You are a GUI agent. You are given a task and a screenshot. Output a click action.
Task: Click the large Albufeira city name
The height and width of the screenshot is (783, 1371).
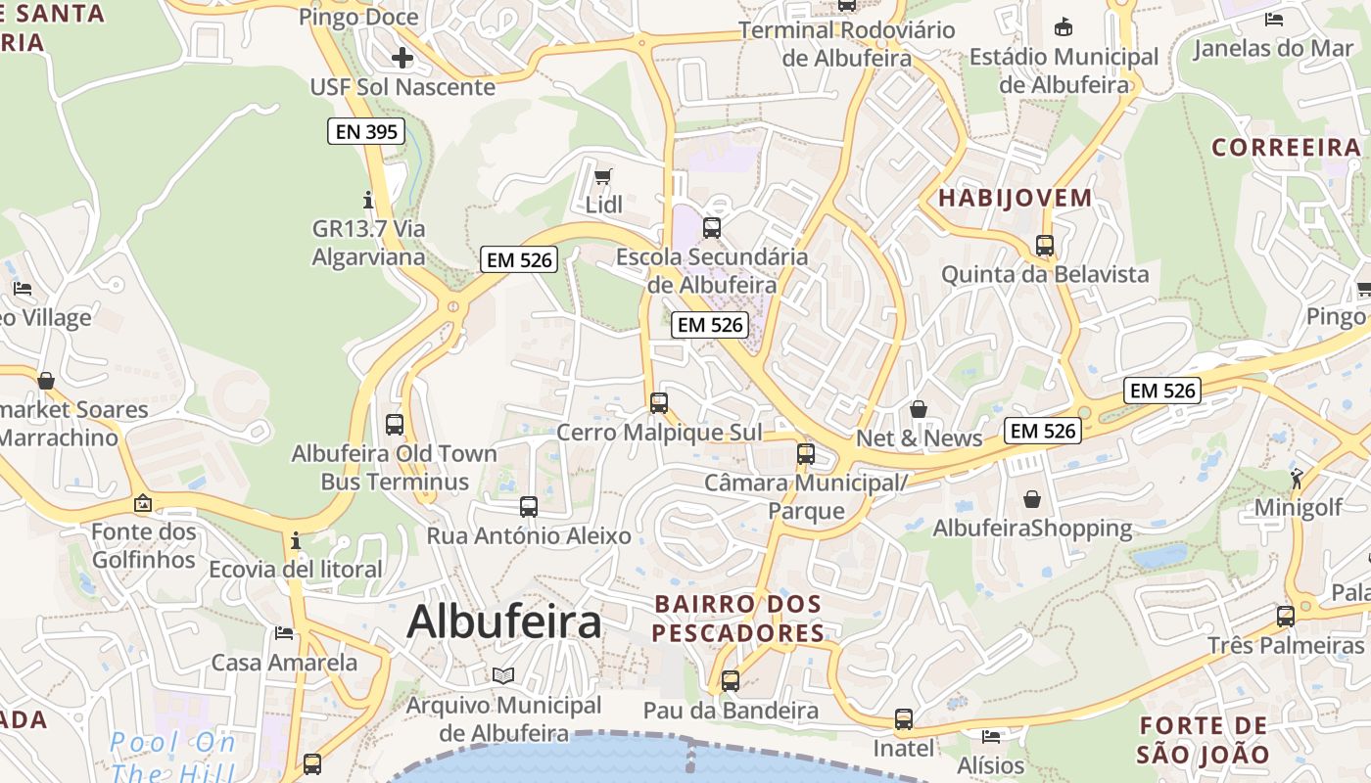503,621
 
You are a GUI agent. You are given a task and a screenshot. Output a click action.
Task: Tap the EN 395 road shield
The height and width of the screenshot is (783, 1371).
366,131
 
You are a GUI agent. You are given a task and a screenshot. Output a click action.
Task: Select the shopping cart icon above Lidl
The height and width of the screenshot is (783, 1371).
603,177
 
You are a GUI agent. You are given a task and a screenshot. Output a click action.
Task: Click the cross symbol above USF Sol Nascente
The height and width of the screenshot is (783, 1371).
402,58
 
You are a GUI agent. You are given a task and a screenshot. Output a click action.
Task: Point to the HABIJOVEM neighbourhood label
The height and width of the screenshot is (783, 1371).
1016,198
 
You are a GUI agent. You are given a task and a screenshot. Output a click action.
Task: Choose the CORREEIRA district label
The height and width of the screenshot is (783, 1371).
1287,148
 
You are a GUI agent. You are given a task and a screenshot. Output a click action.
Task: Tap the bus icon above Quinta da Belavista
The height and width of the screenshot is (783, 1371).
1045,246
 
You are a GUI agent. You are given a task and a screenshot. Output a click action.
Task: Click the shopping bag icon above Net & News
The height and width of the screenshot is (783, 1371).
919,408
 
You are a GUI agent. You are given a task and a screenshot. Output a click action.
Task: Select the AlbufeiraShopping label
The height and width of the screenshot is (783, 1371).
1032,529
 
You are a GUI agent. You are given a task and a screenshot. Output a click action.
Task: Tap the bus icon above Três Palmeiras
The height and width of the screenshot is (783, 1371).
1286,617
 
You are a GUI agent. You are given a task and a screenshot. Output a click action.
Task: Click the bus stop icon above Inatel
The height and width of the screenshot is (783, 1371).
904,719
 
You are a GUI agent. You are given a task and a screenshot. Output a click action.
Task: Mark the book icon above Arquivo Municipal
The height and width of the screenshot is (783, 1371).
503,675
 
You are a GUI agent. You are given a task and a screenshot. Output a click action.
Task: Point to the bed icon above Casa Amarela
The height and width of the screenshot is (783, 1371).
284,633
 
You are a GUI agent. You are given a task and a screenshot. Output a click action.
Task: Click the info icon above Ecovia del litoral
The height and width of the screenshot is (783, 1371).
295,540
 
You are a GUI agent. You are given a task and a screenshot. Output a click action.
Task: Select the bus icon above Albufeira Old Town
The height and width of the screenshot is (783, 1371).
395,425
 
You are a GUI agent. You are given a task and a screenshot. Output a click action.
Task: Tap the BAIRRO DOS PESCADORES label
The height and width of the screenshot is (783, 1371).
738,619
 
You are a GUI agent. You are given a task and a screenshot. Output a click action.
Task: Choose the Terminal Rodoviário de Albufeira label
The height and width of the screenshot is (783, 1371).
847,44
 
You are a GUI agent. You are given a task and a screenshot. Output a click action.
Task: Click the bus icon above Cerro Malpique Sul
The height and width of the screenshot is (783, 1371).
659,402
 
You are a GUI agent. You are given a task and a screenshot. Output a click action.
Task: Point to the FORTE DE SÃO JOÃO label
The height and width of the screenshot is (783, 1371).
1204,740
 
